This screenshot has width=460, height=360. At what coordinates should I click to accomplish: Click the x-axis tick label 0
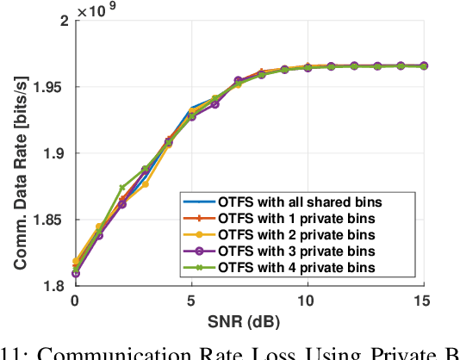(x=75, y=301)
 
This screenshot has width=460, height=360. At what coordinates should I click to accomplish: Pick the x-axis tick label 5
(x=191, y=301)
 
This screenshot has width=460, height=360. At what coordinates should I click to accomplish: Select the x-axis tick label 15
(x=422, y=301)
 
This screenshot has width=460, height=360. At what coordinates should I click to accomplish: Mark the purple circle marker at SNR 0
(x=75, y=274)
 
